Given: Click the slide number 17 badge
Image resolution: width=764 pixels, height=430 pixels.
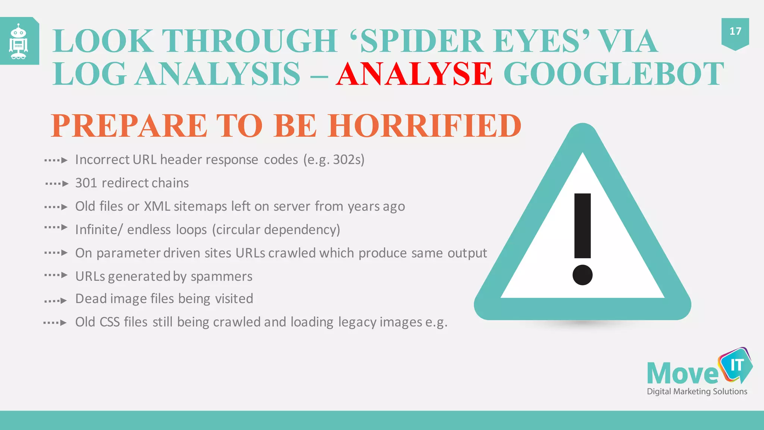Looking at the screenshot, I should click(735, 32).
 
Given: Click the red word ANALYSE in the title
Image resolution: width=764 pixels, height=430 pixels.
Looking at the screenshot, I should click(414, 74).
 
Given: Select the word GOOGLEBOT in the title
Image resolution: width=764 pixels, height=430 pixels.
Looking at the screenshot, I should click(614, 74).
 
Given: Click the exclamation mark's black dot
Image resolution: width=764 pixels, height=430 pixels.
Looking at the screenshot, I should click(582, 275).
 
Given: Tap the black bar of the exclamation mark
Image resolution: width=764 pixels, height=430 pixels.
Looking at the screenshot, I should click(582, 225).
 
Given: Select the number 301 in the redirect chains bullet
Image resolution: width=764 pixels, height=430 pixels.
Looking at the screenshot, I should click(86, 183).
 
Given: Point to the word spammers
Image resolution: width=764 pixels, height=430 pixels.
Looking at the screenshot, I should click(221, 277).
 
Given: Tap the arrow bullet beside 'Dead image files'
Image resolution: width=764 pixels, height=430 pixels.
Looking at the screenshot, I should click(56, 300).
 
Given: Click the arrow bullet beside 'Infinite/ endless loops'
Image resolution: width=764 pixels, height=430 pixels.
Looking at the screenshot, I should click(56, 227).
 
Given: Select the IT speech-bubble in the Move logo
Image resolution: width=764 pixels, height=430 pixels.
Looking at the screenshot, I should click(736, 365).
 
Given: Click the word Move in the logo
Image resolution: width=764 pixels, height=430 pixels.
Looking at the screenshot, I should click(682, 373).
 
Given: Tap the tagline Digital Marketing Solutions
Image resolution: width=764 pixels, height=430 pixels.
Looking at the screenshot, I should click(696, 391).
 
